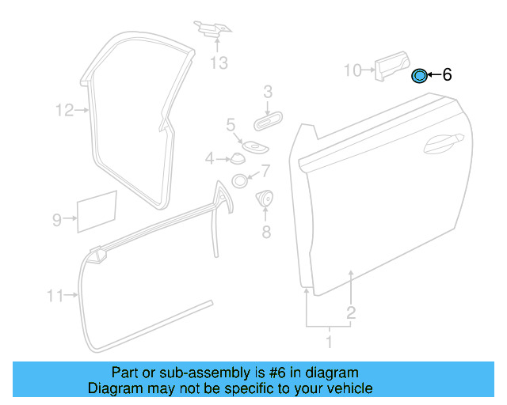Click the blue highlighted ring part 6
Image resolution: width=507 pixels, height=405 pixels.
point(419,76)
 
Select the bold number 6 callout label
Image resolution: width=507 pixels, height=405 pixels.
point(447,74)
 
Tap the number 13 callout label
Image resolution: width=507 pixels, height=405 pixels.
point(219,62)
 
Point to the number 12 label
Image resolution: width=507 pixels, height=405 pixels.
point(65,110)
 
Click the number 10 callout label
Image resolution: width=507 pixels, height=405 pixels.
point(352,70)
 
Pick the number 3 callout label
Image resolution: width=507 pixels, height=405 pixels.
point(268,92)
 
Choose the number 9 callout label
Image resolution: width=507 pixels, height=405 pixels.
point(57,220)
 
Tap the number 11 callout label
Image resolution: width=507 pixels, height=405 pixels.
point(55,296)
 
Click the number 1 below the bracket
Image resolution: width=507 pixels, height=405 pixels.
point(330,342)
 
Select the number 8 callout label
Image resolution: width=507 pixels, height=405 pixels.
point(266,232)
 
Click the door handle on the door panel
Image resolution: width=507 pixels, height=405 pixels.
point(444,143)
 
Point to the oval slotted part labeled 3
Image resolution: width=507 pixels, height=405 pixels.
point(268,121)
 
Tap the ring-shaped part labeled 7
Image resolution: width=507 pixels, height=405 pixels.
point(239,181)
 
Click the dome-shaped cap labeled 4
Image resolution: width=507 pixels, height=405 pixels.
point(238,158)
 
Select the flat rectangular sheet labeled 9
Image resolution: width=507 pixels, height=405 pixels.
point(97,211)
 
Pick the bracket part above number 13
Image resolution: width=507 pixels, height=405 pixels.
point(212,28)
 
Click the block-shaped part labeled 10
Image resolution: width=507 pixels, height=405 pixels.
point(392,66)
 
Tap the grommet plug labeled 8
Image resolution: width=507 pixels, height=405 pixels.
point(265,198)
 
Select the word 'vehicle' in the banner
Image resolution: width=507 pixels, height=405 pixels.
point(352,388)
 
